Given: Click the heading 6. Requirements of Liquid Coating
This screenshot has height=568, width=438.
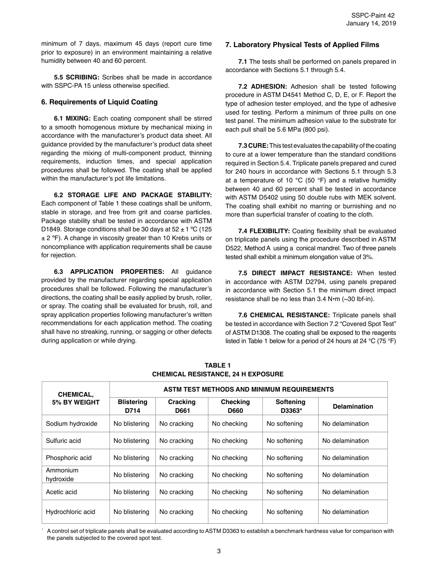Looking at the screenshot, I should point(99,102).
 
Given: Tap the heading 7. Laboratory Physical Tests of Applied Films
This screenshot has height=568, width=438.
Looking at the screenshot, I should point(302,45).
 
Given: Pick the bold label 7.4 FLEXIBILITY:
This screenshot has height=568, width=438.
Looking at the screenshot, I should point(264,231).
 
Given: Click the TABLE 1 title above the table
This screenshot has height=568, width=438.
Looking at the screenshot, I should point(218,365).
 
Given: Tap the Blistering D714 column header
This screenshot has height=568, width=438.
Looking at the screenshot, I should point(132,406).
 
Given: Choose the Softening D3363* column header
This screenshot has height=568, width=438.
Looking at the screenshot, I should point(290,406).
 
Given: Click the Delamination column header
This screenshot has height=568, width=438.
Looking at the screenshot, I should point(353,406).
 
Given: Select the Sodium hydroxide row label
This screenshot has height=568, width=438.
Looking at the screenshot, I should point(71,423).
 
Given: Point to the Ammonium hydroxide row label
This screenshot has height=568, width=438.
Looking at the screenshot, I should point(62,475).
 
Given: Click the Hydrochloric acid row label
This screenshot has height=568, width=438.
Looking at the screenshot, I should point(71,512).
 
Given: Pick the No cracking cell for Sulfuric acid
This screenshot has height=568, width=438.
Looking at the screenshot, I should point(176,441).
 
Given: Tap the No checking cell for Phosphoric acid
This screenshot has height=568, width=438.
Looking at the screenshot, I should point(230,458).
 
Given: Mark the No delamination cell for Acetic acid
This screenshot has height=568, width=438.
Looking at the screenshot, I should point(345,492).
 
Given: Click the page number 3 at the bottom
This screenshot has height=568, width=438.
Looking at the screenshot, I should point(219,550).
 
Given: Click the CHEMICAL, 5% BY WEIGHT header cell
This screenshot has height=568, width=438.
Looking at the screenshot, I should point(76,398).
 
